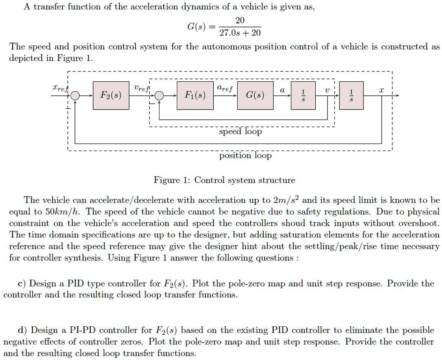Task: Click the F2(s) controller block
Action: point(111,96)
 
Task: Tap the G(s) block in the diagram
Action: point(255,96)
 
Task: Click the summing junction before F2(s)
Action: point(75,96)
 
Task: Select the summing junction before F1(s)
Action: point(159,96)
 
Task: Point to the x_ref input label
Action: point(59,87)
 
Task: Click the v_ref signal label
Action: point(140,87)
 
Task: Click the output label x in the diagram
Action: point(381,88)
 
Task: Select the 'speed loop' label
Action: point(241,132)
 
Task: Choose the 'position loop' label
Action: point(245,156)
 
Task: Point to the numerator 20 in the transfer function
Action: point(240,21)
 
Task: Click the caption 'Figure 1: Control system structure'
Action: point(225,180)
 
